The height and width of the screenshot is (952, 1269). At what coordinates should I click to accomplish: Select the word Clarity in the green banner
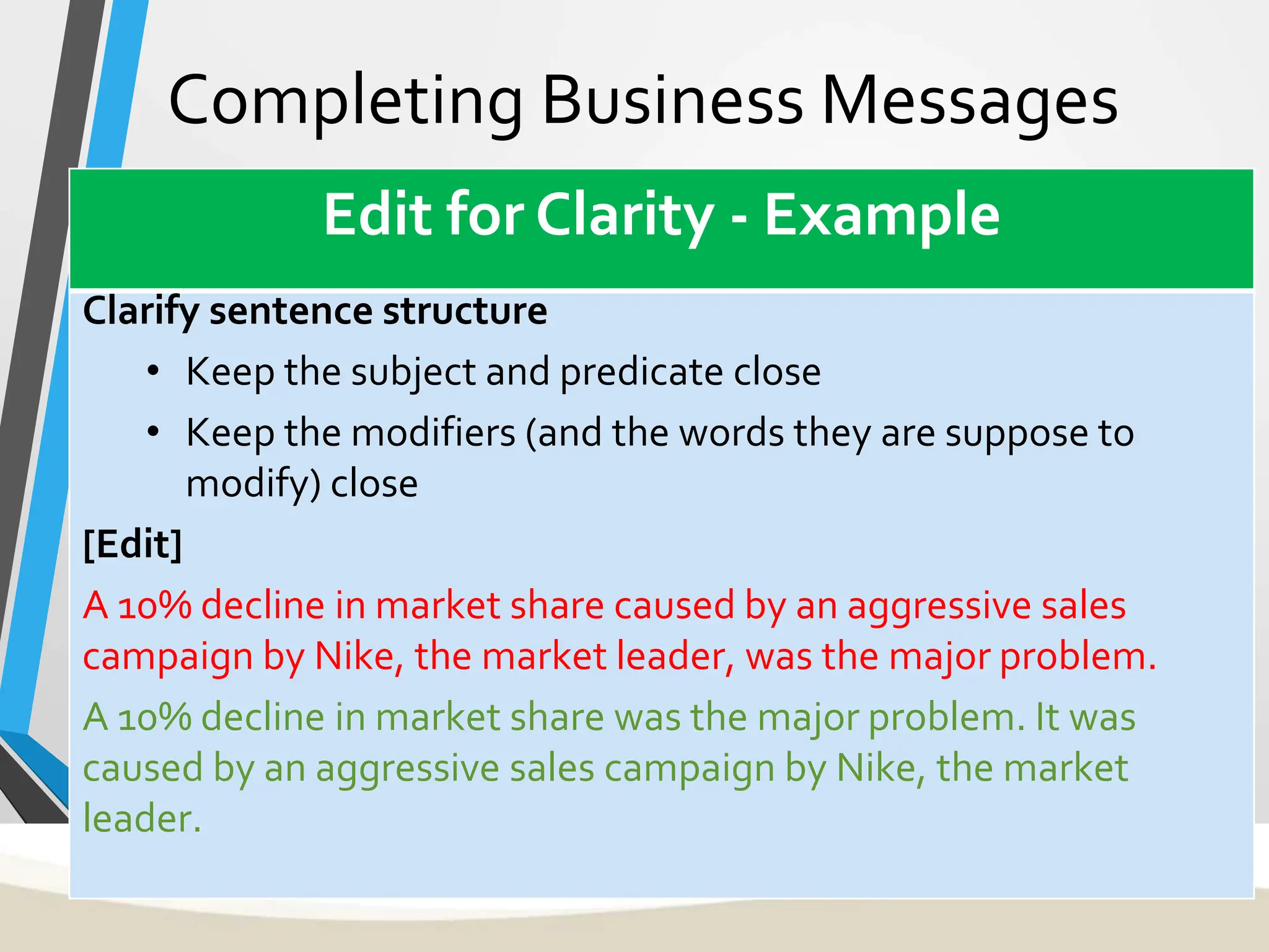[625, 215]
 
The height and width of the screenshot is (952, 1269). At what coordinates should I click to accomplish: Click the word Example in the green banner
[882, 215]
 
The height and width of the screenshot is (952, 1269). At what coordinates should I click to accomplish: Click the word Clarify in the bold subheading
[140, 312]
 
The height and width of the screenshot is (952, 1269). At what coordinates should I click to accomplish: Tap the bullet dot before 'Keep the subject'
[153, 372]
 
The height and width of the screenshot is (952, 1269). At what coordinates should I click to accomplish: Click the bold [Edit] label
[133, 544]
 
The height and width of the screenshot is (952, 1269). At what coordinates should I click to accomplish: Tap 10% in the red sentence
[154, 606]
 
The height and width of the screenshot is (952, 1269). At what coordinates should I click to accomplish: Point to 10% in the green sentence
[154, 718]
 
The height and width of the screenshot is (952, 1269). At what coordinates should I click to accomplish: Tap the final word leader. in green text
[142, 819]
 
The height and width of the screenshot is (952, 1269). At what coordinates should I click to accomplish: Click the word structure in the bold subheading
[465, 312]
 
